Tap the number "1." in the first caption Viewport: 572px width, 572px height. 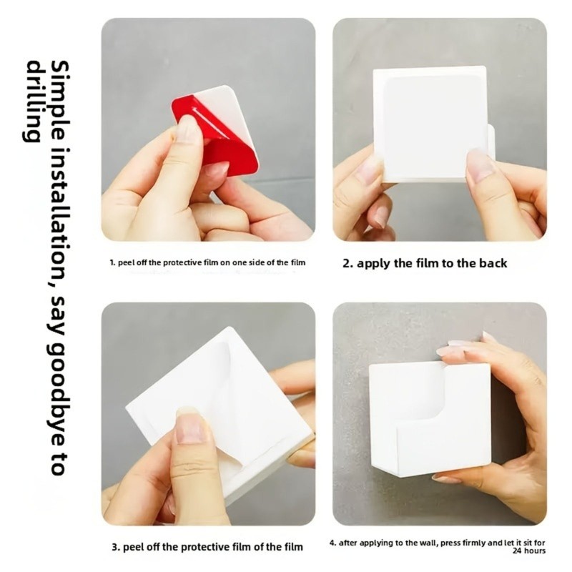113,262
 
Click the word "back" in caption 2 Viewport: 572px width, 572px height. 493,263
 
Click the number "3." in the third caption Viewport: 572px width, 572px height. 116,547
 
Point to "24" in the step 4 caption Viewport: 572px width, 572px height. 517,551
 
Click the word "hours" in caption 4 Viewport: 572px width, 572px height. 535,551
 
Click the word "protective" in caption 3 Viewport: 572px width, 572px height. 204,548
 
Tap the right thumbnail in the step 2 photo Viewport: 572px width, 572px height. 480,164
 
